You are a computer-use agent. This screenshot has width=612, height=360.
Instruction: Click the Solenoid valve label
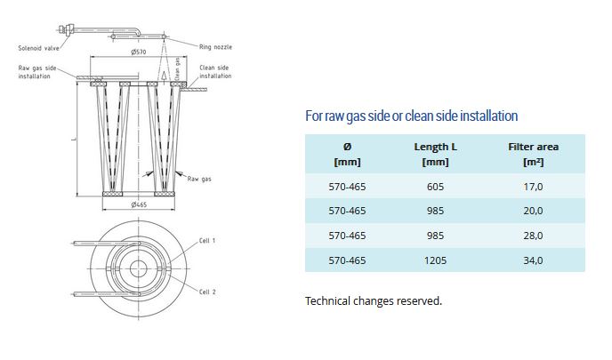pos(38,48)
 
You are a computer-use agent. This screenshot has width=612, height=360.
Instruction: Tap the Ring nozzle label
pos(215,47)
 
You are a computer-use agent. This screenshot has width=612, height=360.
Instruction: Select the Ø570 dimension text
pos(139,52)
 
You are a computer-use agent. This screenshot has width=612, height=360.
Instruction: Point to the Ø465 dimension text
pos(139,204)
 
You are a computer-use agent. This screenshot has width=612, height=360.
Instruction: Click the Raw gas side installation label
pos(37,72)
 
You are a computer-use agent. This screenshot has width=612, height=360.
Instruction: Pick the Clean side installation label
pos(215,72)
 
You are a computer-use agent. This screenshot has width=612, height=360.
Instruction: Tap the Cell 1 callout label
pos(207,241)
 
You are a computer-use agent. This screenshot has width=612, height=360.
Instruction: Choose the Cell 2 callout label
pos(207,292)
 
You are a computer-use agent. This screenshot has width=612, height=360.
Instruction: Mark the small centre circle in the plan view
pos(138,268)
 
